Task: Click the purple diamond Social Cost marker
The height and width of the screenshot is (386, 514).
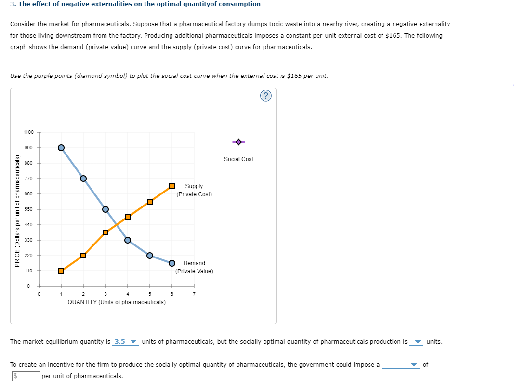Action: point(238,142)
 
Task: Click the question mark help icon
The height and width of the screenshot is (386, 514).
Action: point(265,95)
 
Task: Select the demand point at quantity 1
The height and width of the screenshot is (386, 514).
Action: point(61,148)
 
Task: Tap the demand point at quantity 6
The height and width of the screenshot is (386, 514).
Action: point(172,263)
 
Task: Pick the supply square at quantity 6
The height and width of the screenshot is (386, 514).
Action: point(172,186)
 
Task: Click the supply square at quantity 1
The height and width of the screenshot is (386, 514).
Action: point(61,270)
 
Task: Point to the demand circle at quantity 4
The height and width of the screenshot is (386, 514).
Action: point(128,240)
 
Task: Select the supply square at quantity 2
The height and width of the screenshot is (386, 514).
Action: point(83,256)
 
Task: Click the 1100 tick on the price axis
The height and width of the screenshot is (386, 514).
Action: point(28,132)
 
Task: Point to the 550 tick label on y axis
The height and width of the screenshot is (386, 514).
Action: point(28,209)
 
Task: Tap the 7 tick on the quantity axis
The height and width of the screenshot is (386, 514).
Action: point(194,294)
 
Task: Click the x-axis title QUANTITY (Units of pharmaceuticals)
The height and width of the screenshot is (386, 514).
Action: point(117,302)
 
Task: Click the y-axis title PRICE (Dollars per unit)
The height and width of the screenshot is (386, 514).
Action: point(17,210)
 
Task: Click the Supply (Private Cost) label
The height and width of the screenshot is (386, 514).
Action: point(194,190)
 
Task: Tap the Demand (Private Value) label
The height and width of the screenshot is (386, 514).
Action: point(194,267)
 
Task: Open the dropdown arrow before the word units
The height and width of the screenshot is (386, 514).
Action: point(418,342)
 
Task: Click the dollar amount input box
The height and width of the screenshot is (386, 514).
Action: point(25,376)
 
